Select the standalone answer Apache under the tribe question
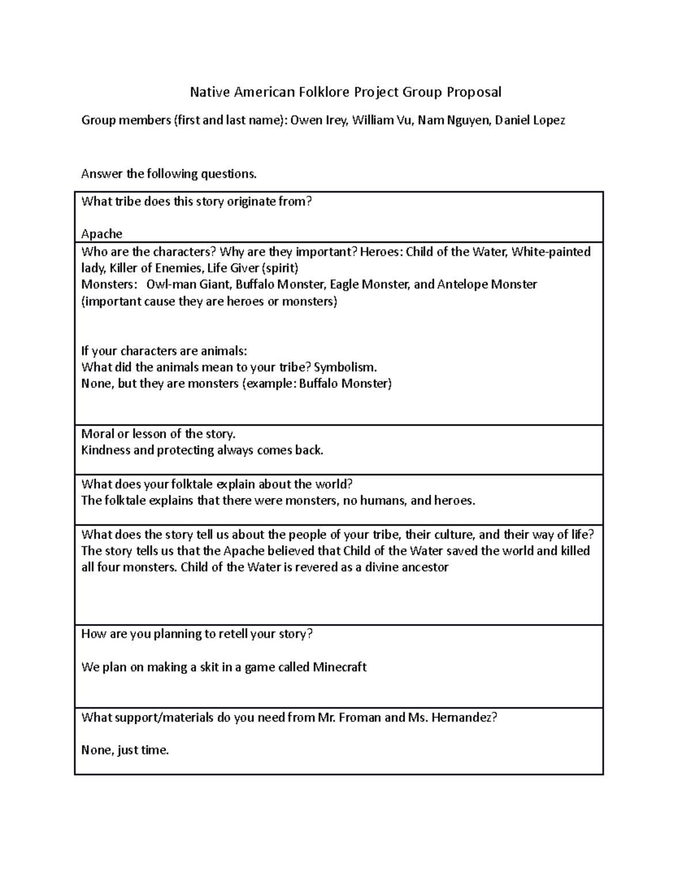[x=102, y=234]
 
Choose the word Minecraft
[x=340, y=667]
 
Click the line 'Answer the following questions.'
[x=169, y=174]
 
